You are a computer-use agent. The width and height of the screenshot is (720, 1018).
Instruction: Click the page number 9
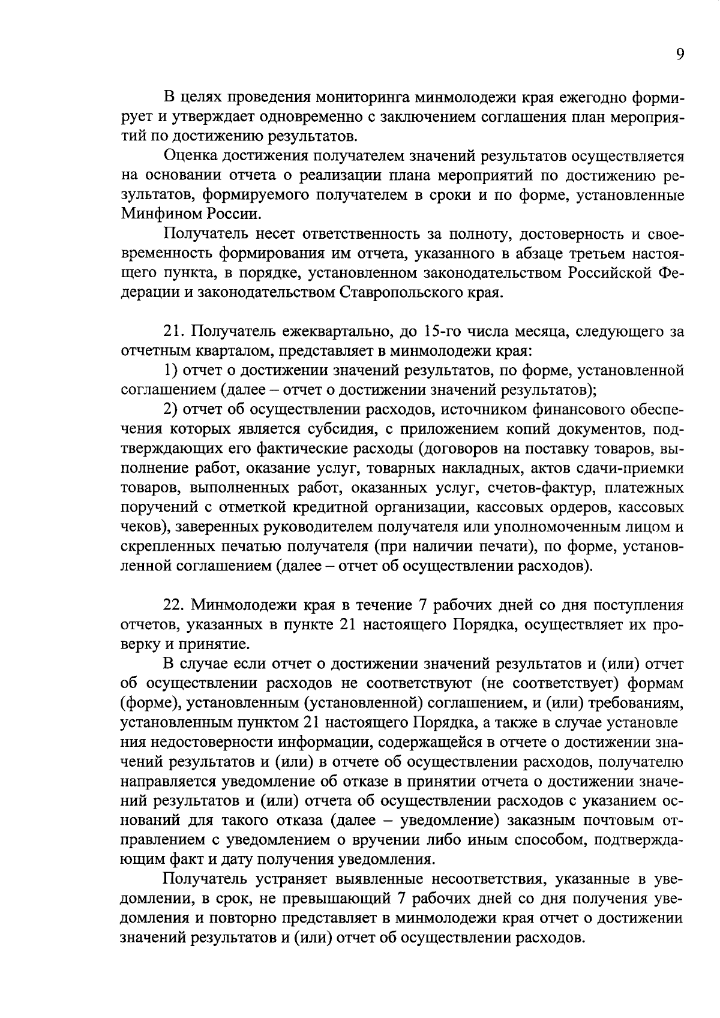click(x=679, y=55)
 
